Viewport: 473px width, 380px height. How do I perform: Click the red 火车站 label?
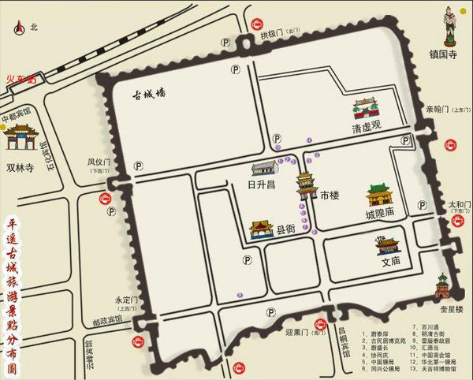click(21, 79)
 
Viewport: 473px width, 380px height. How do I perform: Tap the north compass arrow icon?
click(17, 27)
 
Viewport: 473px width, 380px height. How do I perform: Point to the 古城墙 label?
click(149, 94)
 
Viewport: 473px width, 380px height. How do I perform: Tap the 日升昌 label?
click(261, 185)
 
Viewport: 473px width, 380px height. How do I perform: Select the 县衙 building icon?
click(261, 229)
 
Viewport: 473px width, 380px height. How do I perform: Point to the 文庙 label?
click(391, 260)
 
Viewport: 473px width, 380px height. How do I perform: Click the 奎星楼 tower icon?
click(444, 287)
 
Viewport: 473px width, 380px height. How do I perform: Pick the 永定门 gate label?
click(126, 300)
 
